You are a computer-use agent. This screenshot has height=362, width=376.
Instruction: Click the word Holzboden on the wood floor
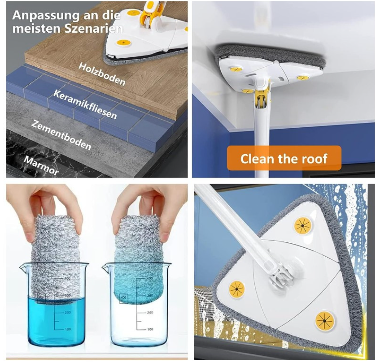(102, 73)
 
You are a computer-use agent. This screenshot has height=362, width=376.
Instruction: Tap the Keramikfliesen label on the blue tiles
(85, 104)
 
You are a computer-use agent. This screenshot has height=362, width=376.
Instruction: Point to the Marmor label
(41, 165)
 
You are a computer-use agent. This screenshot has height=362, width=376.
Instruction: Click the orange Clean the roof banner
(284, 158)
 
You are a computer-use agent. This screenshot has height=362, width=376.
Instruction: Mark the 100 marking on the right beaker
(150, 329)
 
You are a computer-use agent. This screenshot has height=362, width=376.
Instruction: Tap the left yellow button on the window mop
(237, 290)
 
